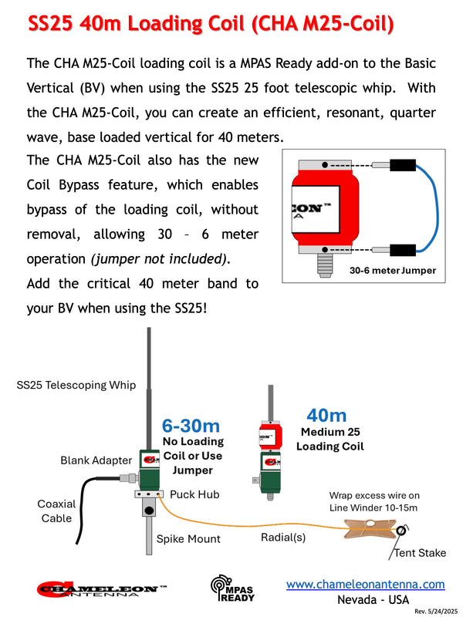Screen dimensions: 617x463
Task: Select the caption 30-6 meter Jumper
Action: point(392,271)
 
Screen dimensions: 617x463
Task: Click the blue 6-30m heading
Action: point(191,425)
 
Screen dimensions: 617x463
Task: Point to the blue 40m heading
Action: point(326,416)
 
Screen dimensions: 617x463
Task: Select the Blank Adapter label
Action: point(96,460)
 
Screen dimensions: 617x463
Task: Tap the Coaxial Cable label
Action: point(56,511)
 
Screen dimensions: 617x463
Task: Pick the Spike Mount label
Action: point(188,539)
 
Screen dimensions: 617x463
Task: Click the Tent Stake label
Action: point(420,553)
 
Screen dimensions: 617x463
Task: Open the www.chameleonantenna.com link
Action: point(365,585)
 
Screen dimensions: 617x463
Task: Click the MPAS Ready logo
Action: point(231,589)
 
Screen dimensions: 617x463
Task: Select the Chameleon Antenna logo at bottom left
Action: point(101,590)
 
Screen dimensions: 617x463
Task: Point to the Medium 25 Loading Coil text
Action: point(330,439)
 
